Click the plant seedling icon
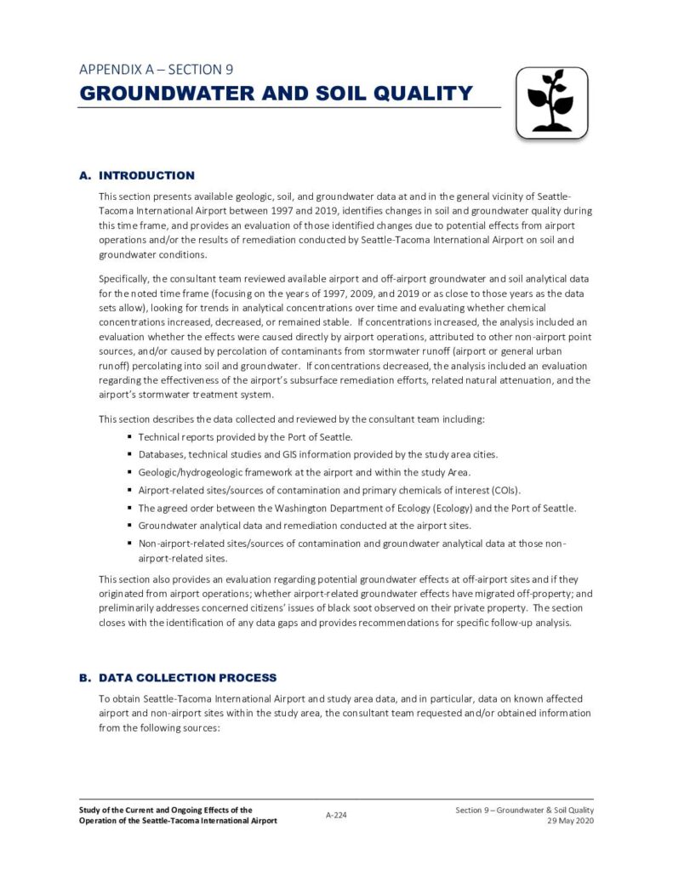coord(551,103)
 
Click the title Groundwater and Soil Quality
coord(276,93)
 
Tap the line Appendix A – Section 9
coord(156,69)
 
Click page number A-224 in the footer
coord(336,815)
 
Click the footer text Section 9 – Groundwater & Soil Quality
coord(524,810)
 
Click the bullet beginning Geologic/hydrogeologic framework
coord(304,472)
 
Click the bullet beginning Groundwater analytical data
coord(304,526)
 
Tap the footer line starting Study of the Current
coord(165,810)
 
